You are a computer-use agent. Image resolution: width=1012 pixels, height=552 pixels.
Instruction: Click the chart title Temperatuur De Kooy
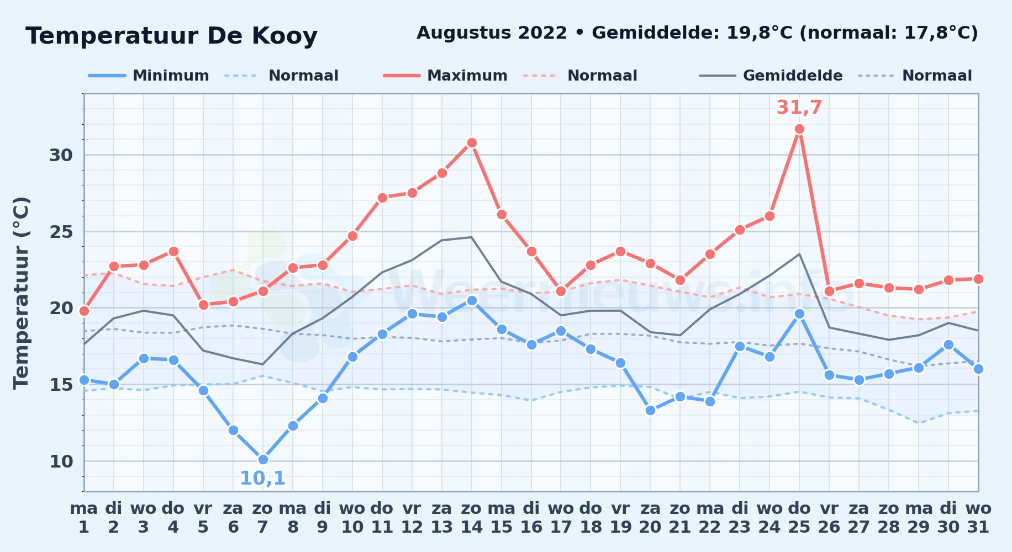pyautogui.click(x=171, y=36)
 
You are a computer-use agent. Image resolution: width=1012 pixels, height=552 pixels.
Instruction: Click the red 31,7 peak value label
pyautogui.click(x=799, y=107)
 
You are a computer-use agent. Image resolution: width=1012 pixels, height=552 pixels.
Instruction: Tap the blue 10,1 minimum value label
pyautogui.click(x=262, y=478)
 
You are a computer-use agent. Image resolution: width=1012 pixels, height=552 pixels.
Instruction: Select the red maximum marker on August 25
pyautogui.click(x=799, y=129)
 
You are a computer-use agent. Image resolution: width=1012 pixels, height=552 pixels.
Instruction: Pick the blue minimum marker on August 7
pyautogui.click(x=263, y=459)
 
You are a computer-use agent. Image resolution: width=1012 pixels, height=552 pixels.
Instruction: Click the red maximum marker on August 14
pyautogui.click(x=472, y=142)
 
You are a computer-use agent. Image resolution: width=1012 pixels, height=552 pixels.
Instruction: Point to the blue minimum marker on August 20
pyautogui.click(x=650, y=410)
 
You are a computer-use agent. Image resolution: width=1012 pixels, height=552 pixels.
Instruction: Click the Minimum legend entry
pyautogui.click(x=149, y=76)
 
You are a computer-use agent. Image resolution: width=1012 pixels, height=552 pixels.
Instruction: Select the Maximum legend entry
pyautogui.click(x=445, y=76)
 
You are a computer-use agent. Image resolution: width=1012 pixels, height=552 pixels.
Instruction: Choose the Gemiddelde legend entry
pyautogui.click(x=771, y=76)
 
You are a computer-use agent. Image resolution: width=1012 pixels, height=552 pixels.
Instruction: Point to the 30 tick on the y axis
pyautogui.click(x=61, y=155)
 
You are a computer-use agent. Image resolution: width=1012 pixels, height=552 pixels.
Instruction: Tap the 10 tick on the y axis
pyautogui.click(x=61, y=461)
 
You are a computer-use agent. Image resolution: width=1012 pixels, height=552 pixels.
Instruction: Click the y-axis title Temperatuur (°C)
pyautogui.click(x=21, y=293)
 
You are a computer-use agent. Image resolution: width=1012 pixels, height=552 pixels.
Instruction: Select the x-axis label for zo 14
pyautogui.click(x=472, y=518)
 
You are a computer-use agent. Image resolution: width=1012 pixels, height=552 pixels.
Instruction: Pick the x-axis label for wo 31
pyautogui.click(x=978, y=518)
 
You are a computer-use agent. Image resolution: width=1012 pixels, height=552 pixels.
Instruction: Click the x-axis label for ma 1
pyautogui.click(x=84, y=518)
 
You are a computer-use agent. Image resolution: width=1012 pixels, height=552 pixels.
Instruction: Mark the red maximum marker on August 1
pyautogui.click(x=84, y=311)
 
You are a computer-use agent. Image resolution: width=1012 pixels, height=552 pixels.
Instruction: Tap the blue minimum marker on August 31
pyautogui.click(x=978, y=369)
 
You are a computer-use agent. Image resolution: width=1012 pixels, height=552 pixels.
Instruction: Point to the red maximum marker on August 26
pyautogui.click(x=829, y=291)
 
